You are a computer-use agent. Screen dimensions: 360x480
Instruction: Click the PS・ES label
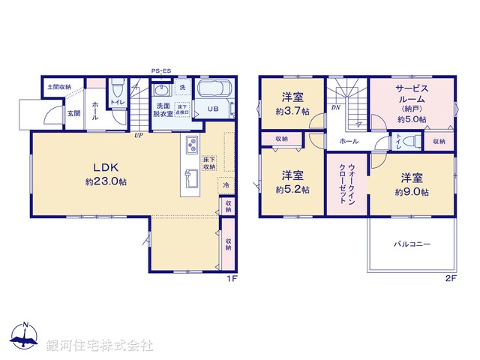coord(161,71)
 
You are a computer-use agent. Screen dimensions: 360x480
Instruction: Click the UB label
coord(212,109)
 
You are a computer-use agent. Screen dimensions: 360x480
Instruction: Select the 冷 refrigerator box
coord(224,184)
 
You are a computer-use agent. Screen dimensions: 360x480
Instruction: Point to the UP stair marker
coord(139,136)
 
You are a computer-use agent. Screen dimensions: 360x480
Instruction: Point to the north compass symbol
coord(25,337)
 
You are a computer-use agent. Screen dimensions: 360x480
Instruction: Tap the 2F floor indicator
coord(450,278)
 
